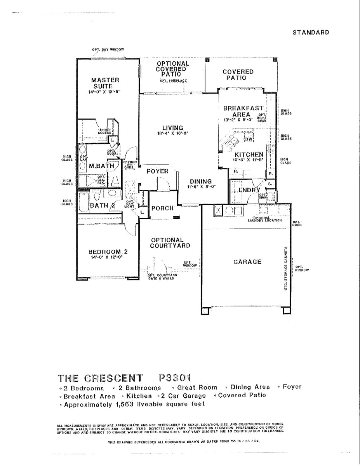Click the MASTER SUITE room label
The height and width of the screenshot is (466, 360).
(103, 83)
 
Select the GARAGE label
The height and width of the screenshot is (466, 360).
(247, 262)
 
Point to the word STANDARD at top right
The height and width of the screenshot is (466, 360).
(311, 32)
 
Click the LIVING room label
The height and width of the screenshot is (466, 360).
(173, 128)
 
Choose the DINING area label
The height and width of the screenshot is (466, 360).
(201, 181)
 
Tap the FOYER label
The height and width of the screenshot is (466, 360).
(157, 171)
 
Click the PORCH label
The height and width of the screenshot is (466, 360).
(162, 208)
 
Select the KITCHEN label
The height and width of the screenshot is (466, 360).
(249, 155)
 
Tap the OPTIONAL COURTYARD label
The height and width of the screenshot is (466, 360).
(170, 243)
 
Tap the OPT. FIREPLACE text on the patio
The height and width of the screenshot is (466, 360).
(173, 80)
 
